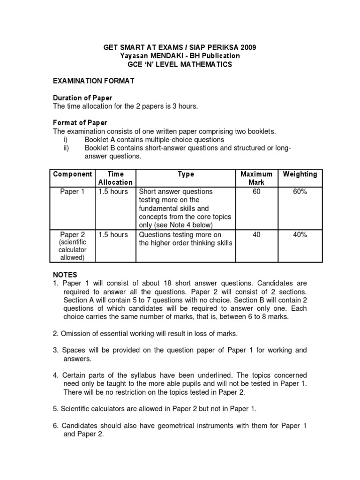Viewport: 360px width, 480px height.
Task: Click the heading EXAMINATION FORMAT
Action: [94, 81]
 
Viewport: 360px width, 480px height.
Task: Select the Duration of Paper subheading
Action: [82, 98]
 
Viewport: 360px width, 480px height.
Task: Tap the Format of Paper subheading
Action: [80, 123]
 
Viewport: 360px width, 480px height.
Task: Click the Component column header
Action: [73, 174]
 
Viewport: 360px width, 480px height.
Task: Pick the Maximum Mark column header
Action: [256, 178]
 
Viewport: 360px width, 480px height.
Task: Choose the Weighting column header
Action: [300, 174]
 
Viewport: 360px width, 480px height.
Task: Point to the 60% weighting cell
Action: [300, 192]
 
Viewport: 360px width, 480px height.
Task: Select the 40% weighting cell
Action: [300, 235]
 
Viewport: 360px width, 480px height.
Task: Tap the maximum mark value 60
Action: [256, 192]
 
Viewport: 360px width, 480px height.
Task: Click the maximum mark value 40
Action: [256, 235]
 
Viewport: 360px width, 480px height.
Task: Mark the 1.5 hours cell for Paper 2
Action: [113, 235]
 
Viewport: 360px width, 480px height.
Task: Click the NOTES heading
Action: [65, 275]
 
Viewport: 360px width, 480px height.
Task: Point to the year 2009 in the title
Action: [248, 47]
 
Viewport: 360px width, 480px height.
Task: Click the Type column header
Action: [186, 174]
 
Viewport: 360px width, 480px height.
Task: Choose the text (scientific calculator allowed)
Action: [73, 250]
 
